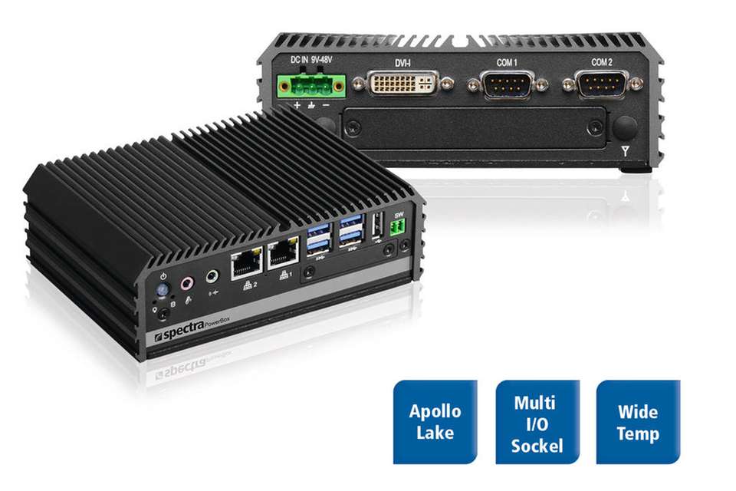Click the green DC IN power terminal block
coord(314,86)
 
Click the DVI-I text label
coord(404,62)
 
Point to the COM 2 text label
coord(602,62)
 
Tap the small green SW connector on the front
coord(398,227)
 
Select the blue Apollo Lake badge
coord(435,422)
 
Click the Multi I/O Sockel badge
coord(536,422)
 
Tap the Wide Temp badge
coord(637,422)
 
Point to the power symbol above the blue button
coord(162,276)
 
